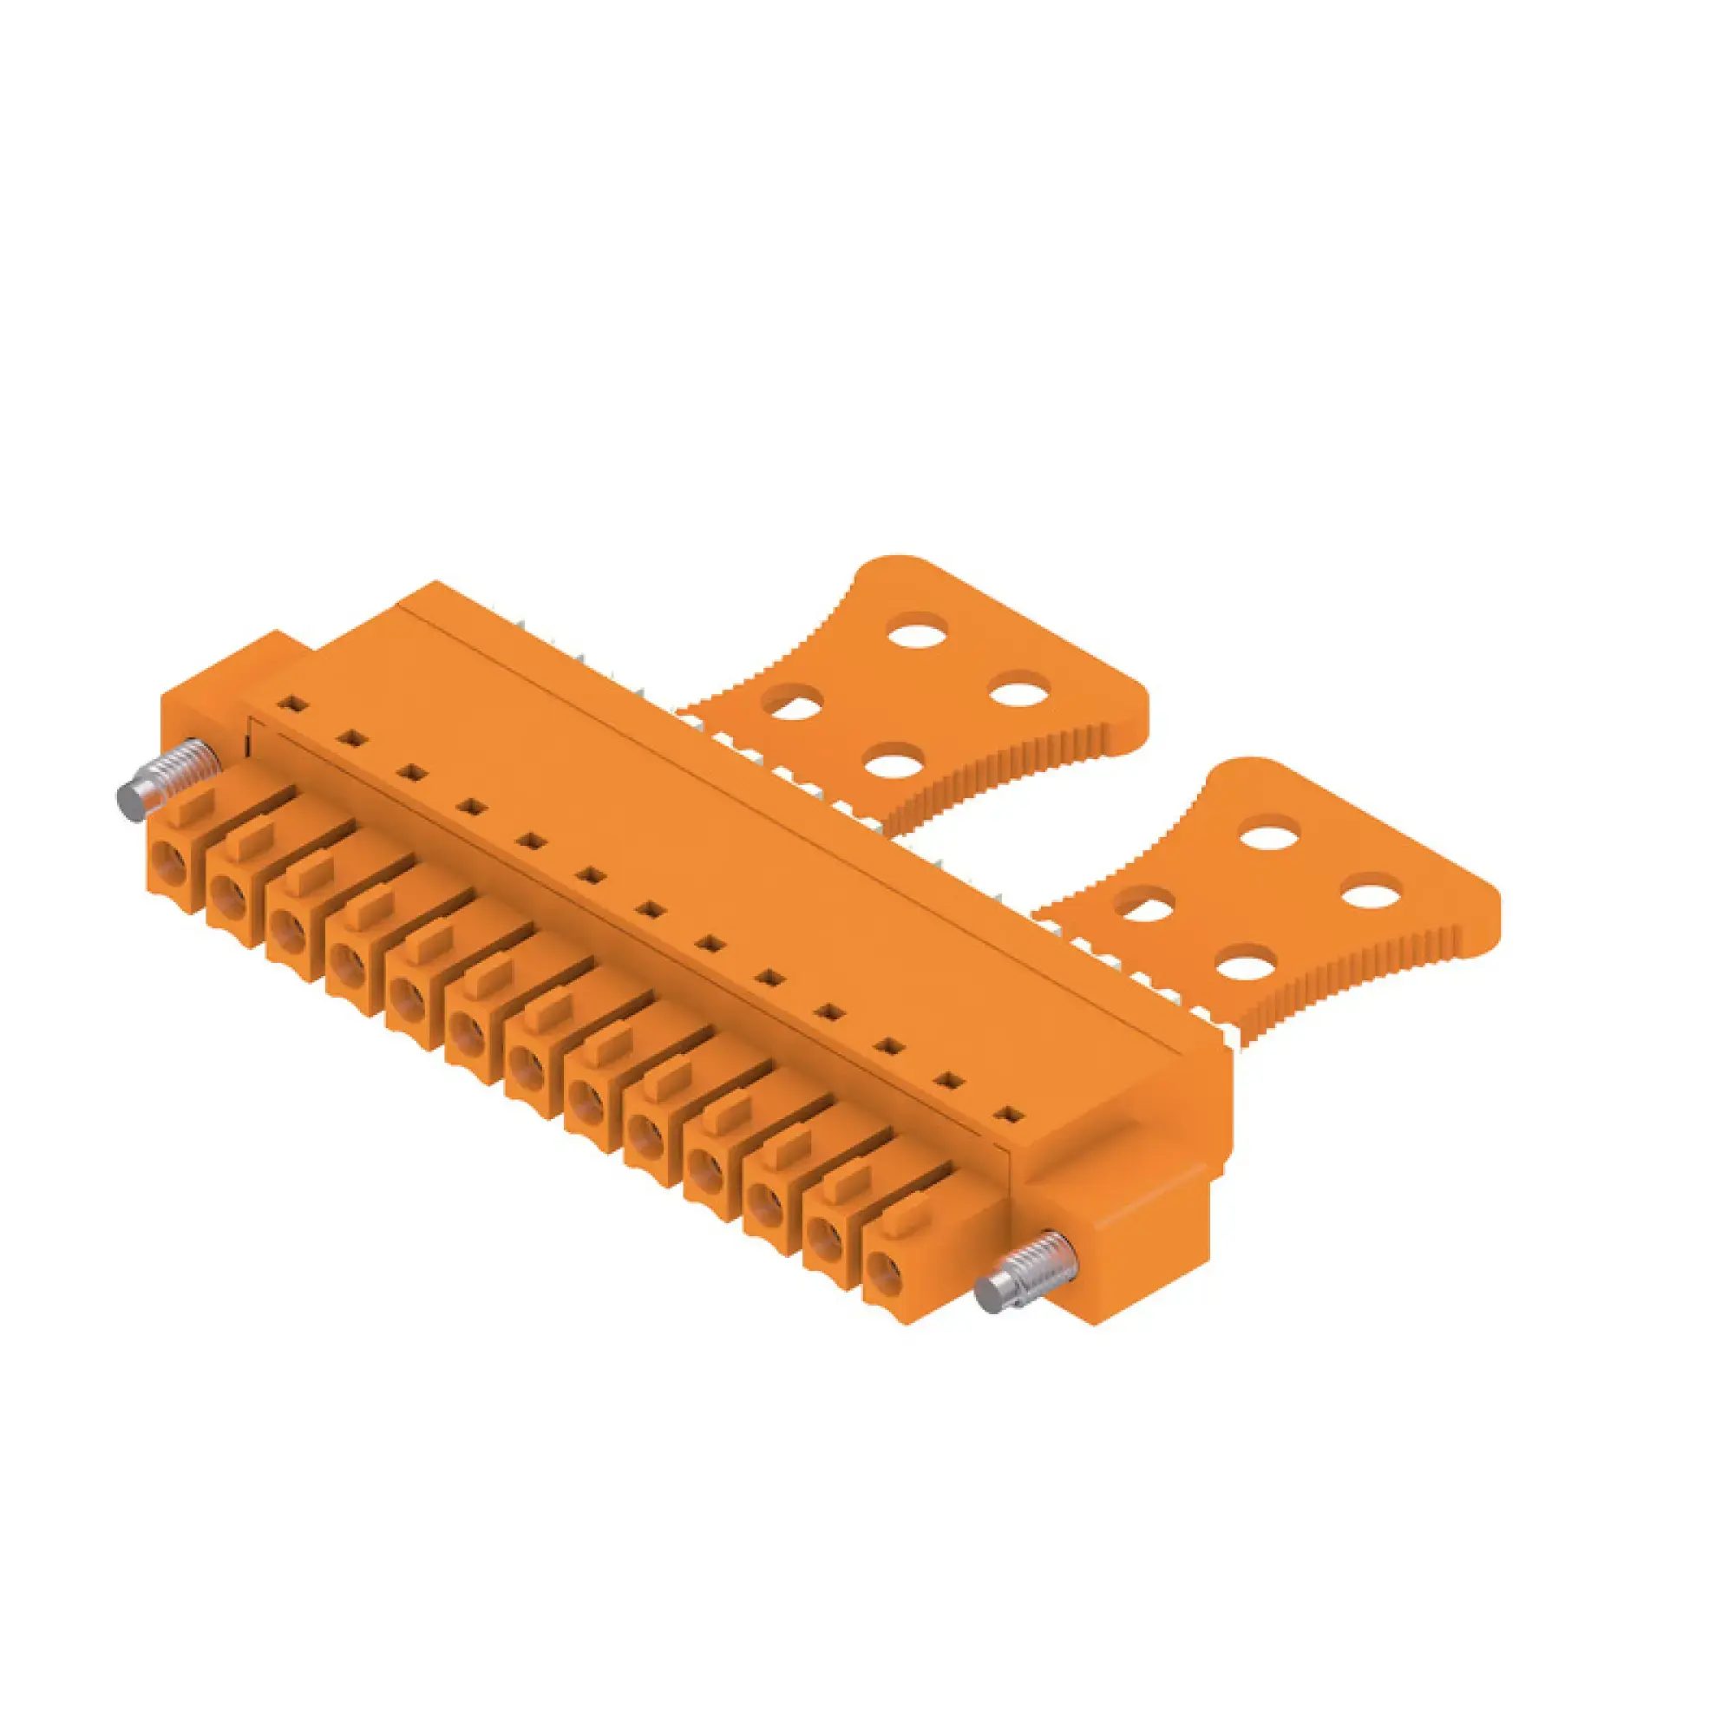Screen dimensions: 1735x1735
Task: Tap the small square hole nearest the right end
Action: (1012, 1116)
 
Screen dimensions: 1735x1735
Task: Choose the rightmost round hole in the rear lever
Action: (1021, 692)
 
